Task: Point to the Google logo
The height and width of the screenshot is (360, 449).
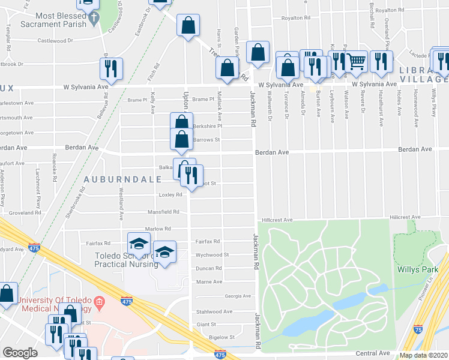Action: click(x=20, y=353)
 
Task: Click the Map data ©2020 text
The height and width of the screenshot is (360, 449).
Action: click(x=424, y=355)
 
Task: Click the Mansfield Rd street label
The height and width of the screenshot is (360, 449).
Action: click(x=164, y=212)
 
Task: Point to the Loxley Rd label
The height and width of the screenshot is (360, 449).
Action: click(x=170, y=195)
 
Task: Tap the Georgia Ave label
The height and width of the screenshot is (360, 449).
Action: click(x=238, y=296)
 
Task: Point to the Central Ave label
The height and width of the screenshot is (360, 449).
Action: click(x=372, y=353)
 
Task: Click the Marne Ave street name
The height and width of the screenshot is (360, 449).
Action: click(x=209, y=281)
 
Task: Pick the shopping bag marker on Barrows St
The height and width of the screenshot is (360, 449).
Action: click(x=181, y=139)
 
